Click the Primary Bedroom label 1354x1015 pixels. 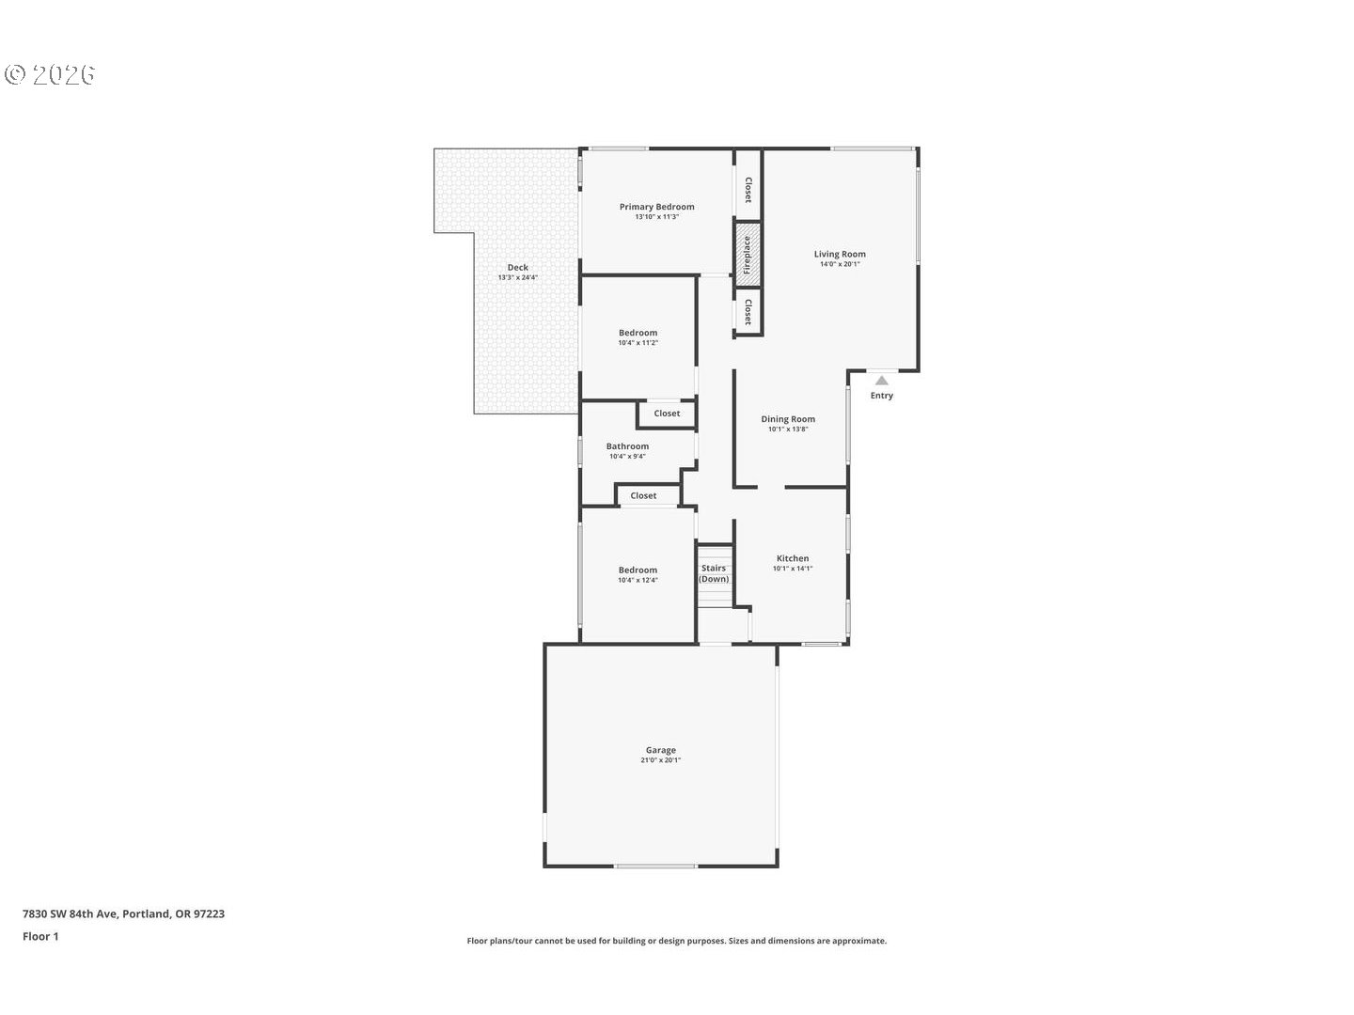point(656,207)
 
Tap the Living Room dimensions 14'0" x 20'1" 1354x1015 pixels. point(840,265)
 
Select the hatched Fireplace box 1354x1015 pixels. point(748,255)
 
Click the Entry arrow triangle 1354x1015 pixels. point(882,381)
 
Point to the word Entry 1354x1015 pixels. point(882,396)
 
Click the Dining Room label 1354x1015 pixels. point(788,419)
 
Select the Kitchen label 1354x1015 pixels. point(793,558)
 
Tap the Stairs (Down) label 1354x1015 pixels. point(714,573)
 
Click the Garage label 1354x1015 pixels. point(660,750)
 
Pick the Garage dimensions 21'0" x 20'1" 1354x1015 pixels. point(661,760)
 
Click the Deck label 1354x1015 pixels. point(517,268)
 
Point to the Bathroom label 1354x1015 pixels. point(627,446)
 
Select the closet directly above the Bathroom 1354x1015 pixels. point(667,414)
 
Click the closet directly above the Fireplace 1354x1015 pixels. point(748,191)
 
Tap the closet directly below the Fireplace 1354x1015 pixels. point(748,311)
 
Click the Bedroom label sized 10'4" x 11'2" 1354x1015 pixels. point(638,333)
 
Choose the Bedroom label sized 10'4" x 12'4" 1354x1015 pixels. point(638,570)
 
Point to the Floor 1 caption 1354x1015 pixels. point(40,936)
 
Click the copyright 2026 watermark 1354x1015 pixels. point(51,75)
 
